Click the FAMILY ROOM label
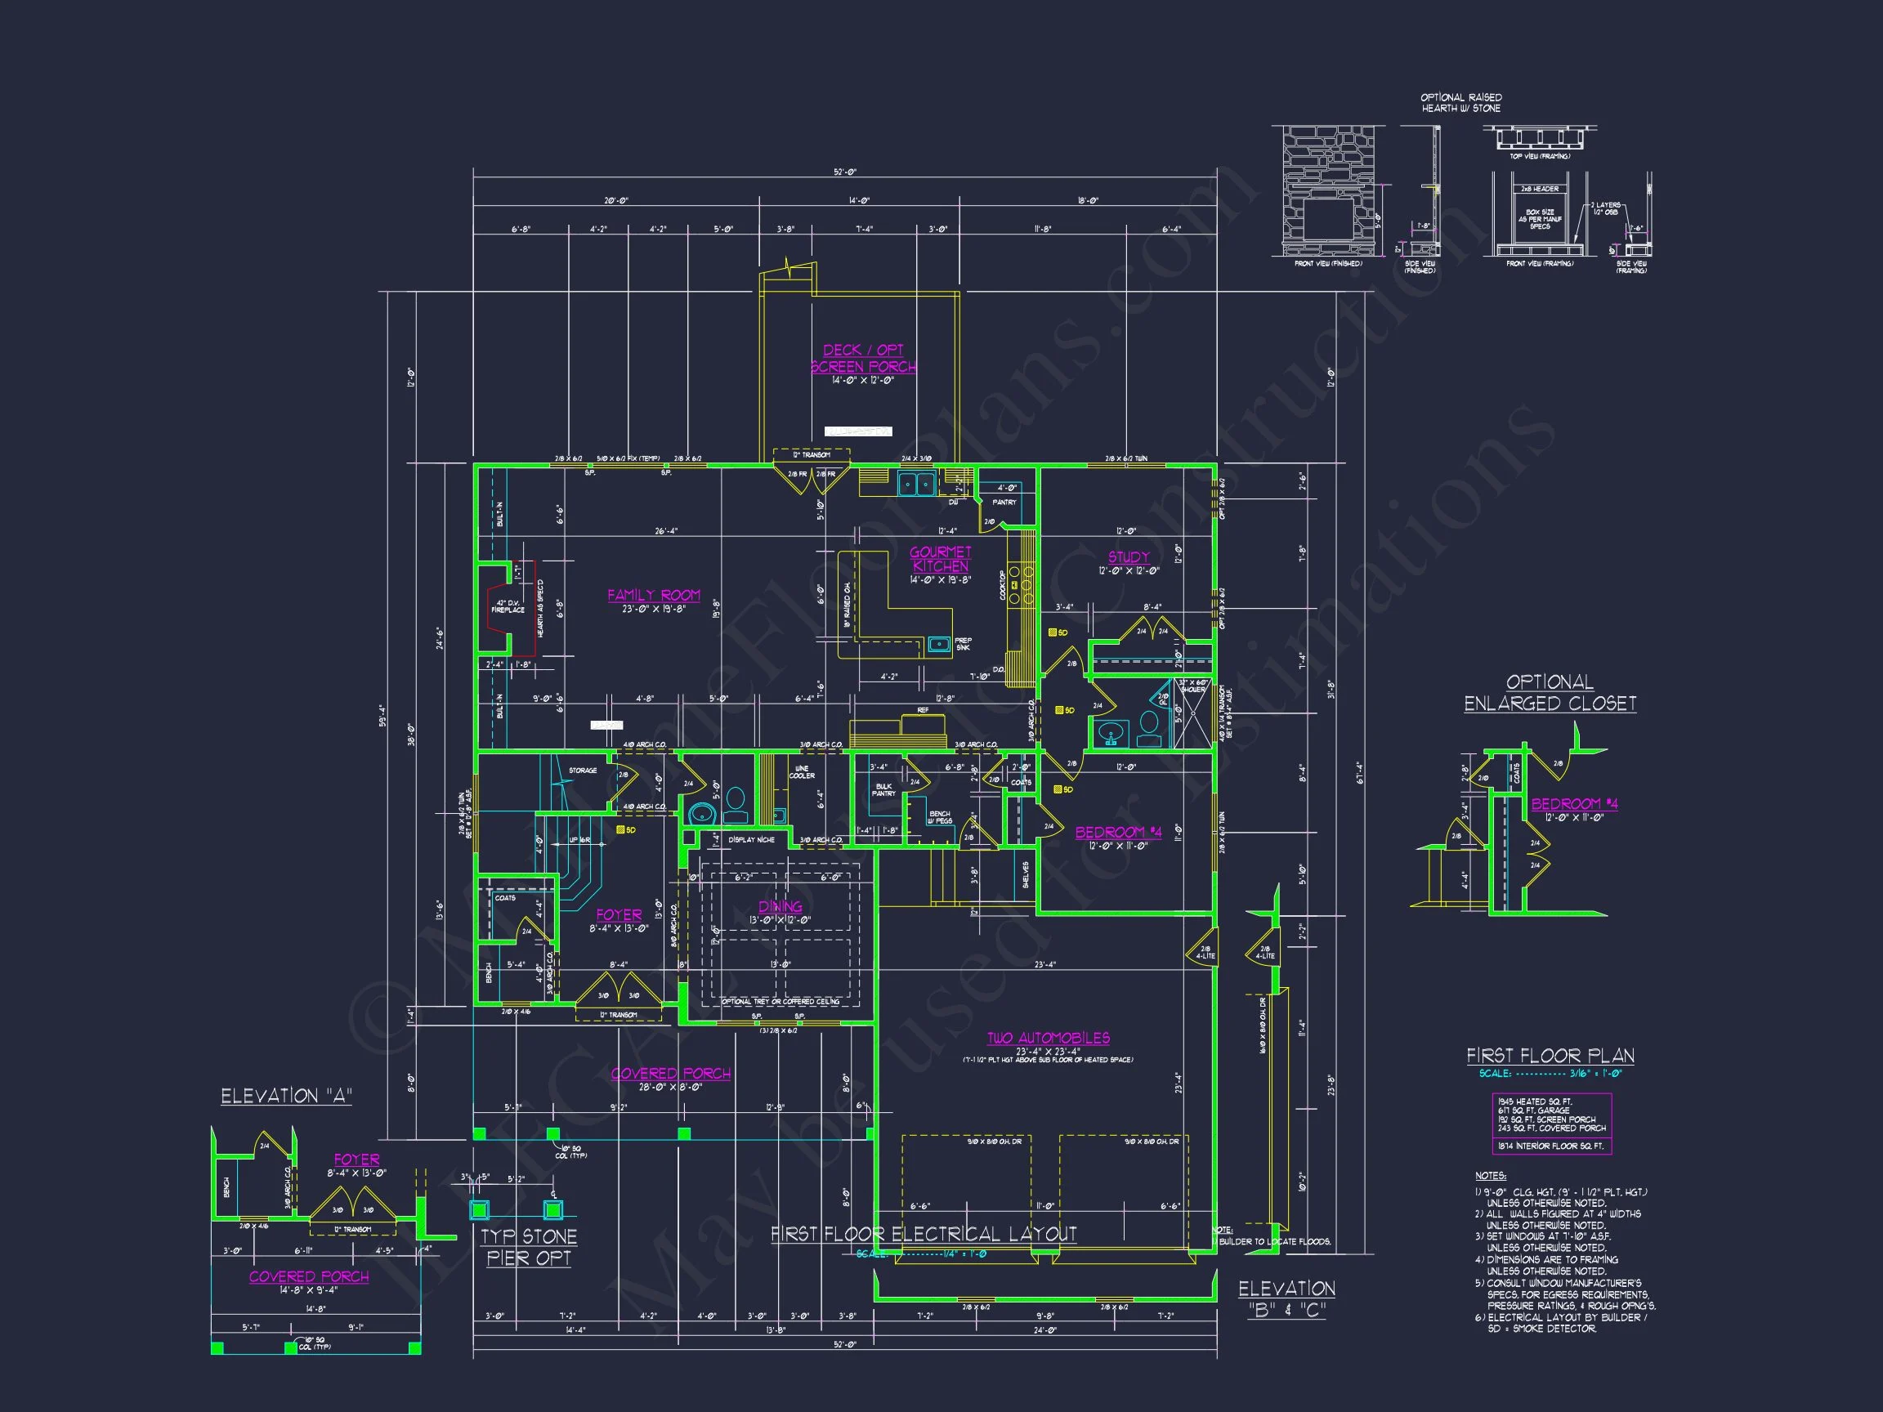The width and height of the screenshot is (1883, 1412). pos(653,595)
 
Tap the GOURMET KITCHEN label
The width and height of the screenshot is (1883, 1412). pos(940,559)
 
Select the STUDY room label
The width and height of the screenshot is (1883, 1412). pos(1128,556)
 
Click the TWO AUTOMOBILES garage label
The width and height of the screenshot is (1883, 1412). pos(1048,1038)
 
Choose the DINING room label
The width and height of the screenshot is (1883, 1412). pos(780,906)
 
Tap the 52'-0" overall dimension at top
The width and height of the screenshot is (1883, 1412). pos(844,172)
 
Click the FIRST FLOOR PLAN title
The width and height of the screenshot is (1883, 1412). pos(1550,1056)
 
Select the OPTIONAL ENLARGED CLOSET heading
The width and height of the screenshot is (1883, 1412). pos(1550,693)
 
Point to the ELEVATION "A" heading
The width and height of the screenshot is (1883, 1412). pos(286,1097)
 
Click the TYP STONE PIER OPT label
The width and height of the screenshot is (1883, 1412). pos(529,1247)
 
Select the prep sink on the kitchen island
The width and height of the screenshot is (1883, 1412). pos(939,643)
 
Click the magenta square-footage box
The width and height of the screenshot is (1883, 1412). pos(1551,1124)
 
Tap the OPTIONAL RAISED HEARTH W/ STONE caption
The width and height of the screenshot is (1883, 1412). pos(1460,103)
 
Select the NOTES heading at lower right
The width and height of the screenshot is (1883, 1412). pos(1490,1175)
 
